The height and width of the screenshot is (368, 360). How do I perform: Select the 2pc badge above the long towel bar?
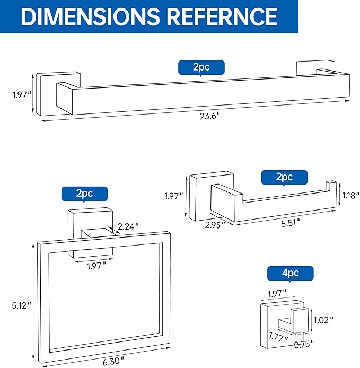coord(201,68)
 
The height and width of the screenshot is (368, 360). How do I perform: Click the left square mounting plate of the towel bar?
coord(50,94)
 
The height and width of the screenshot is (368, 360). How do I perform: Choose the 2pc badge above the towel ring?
coord(84,194)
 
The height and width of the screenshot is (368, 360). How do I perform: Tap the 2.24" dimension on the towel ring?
coord(129,226)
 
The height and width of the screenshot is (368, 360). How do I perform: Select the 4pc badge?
coord(290,274)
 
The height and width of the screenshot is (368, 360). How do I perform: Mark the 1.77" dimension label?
coord(277,337)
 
